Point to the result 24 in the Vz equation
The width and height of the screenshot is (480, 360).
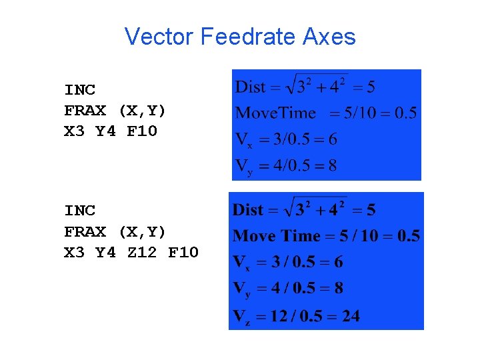click(351, 315)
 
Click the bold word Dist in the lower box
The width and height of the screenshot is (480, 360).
click(248, 210)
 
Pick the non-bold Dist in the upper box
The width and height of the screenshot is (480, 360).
click(251, 87)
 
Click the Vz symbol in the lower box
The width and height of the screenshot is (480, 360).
click(240, 316)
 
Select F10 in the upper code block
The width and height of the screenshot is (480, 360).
click(141, 131)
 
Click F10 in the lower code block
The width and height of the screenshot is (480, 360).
click(183, 253)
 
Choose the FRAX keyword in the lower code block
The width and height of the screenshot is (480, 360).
click(85, 231)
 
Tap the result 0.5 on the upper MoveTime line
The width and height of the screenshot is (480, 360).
click(405, 113)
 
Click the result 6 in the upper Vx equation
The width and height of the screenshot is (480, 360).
click(333, 139)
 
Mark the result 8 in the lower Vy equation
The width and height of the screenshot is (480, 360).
click(339, 289)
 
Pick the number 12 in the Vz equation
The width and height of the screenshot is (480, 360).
click(279, 315)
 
